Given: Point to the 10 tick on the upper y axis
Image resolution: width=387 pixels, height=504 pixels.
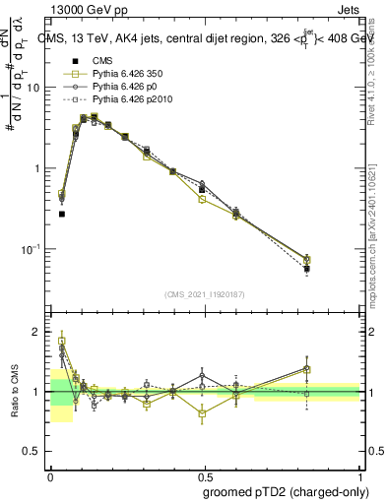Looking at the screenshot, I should tap(37, 88).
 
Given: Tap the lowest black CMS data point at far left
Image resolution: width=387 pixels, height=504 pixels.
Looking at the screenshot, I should tap(62, 214).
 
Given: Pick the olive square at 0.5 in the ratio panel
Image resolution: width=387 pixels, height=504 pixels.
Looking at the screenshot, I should tap(202, 413).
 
